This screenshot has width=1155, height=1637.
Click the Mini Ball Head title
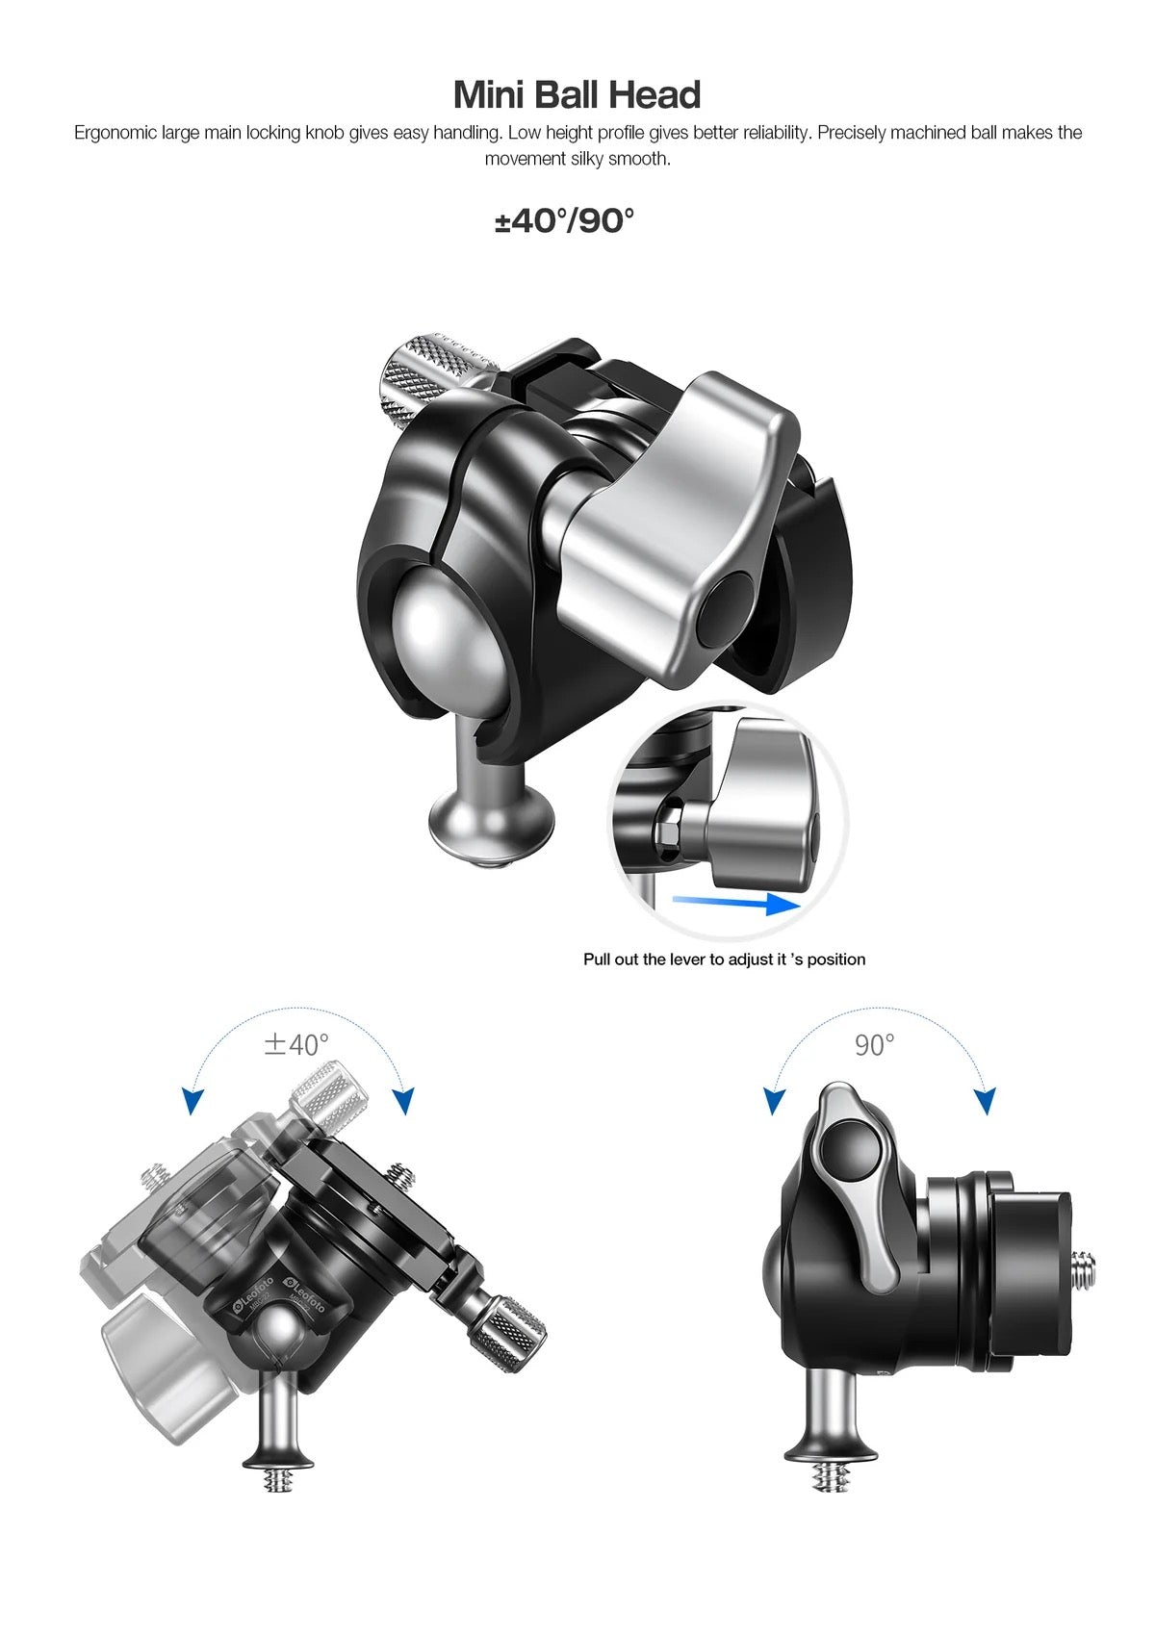coord(577,95)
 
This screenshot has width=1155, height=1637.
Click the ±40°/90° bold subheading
coord(565,221)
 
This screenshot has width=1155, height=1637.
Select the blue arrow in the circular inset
coord(736,903)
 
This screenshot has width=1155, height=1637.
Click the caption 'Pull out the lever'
coord(724,959)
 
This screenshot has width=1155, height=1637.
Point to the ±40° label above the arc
coord(296,1044)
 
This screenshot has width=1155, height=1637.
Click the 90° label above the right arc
coord(874,1044)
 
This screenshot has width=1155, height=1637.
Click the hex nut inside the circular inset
coord(667,830)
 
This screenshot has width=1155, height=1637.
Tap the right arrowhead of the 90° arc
coord(985,1100)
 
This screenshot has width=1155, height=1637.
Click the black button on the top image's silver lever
coord(729,609)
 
